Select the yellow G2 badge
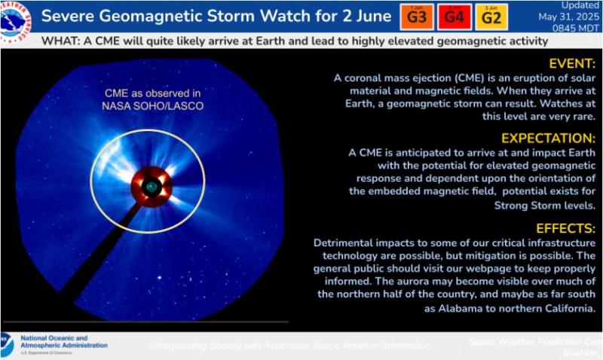click(491, 16)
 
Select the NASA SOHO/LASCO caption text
click(154, 106)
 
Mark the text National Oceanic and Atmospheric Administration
click(63, 343)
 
